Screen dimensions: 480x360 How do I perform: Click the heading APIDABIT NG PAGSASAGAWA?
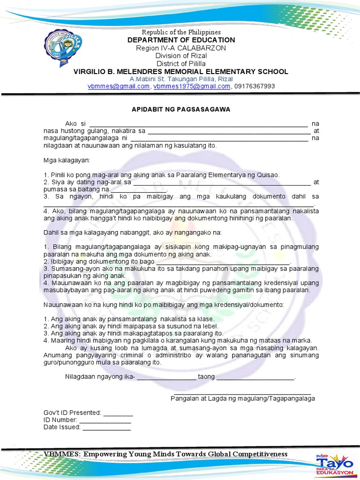coord(180,109)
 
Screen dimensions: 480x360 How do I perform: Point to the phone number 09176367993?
coord(254,86)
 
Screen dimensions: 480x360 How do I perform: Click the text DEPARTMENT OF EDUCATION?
coord(181,40)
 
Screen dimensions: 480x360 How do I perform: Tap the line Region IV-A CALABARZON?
coord(181,48)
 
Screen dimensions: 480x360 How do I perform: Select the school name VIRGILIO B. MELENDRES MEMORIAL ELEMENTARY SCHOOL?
coord(181,71)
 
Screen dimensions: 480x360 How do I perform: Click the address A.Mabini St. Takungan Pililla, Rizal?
coord(181,79)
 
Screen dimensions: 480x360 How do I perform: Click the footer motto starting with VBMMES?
coord(165,454)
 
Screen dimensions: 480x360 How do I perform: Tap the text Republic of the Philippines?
coord(181,32)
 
